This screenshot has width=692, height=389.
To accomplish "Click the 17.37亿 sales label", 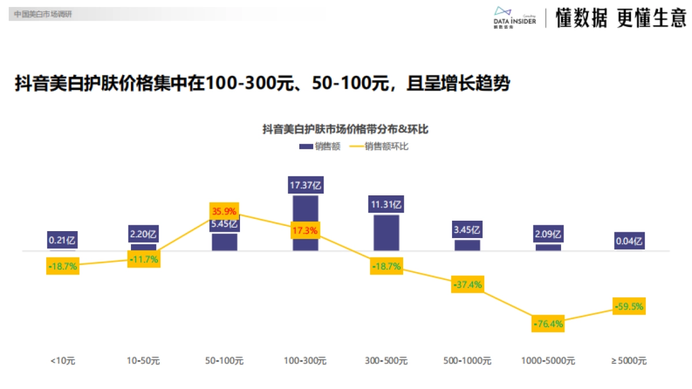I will pyautogui.click(x=305, y=185).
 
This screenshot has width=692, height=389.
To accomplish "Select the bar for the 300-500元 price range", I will pyautogui.click(x=386, y=233).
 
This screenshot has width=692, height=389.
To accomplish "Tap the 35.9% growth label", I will pyautogui.click(x=224, y=211).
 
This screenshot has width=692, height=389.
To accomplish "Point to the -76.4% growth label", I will pyautogui.click(x=548, y=323).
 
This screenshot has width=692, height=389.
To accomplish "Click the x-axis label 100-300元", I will pyautogui.click(x=305, y=361).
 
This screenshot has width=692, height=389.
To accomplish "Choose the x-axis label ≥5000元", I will pyautogui.click(x=629, y=361).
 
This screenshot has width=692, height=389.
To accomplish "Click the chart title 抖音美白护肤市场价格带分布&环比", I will pyautogui.click(x=345, y=130).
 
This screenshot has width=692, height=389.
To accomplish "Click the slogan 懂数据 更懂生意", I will pyautogui.click(x=620, y=18).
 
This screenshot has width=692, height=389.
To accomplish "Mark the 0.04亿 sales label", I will pyautogui.click(x=629, y=241).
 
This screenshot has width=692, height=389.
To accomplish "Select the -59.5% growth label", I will pyautogui.click(x=629, y=306).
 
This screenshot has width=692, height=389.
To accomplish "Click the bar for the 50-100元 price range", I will pyautogui.click(x=224, y=242).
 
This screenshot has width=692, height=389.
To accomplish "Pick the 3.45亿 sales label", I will pyautogui.click(x=467, y=230).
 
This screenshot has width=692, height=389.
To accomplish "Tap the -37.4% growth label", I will pyautogui.click(x=467, y=284).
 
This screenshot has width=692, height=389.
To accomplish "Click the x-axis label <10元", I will pyautogui.click(x=63, y=361).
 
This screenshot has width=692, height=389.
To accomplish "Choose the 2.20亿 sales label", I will pyautogui.click(x=144, y=234).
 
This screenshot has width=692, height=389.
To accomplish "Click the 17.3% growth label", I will pyautogui.click(x=305, y=230).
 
